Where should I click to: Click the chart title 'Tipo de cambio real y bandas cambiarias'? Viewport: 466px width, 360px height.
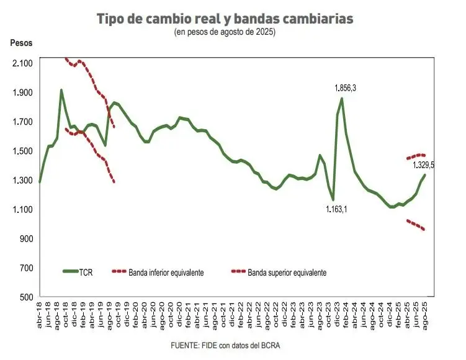coord(225,19)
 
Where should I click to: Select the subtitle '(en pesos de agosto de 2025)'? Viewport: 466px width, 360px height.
coord(225,32)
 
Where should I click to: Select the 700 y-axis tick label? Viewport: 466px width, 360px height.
coord(25,268)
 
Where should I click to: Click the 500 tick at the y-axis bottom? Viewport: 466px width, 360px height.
coord(25,297)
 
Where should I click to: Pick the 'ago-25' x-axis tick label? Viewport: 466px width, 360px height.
coord(425,316)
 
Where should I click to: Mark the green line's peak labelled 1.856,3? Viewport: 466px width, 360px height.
coord(342,98)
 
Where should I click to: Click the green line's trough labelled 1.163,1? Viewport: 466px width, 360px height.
coord(333,200)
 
